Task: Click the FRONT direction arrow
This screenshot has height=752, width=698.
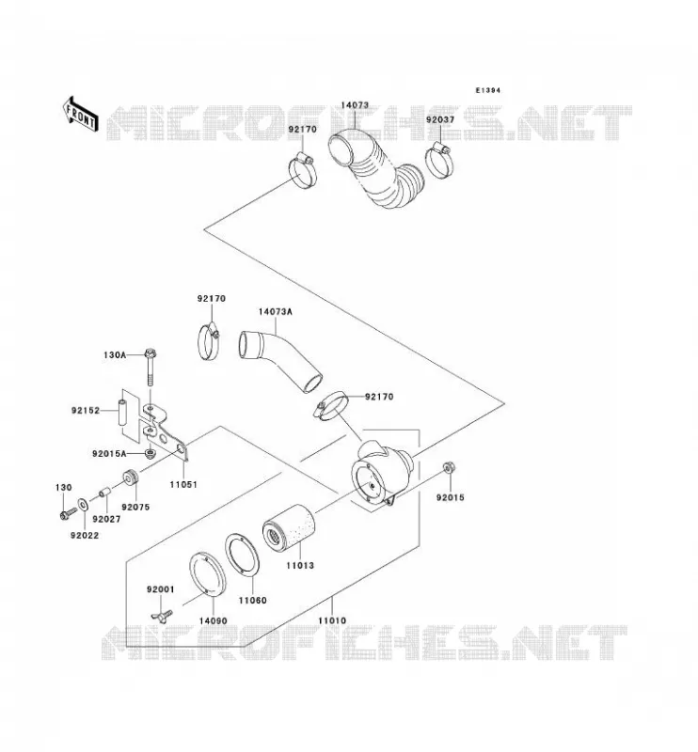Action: point(80,114)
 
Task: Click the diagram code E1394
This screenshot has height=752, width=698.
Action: point(487,90)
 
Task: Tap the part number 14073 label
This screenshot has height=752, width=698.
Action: point(355,105)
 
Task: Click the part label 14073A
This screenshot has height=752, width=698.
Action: point(275,312)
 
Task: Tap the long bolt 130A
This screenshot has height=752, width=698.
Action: point(151,368)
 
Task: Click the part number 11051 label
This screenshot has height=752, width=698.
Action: point(183,484)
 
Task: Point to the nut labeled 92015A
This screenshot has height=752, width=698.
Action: point(151,453)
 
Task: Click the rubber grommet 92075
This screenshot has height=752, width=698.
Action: point(130,478)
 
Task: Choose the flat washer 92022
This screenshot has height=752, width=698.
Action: point(83,504)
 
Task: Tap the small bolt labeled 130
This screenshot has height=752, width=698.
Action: point(67,513)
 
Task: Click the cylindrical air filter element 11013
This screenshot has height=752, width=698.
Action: point(288,527)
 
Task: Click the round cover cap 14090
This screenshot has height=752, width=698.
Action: point(207,574)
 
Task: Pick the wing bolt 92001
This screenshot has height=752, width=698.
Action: point(162,615)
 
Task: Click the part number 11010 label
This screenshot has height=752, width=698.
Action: point(332,620)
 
